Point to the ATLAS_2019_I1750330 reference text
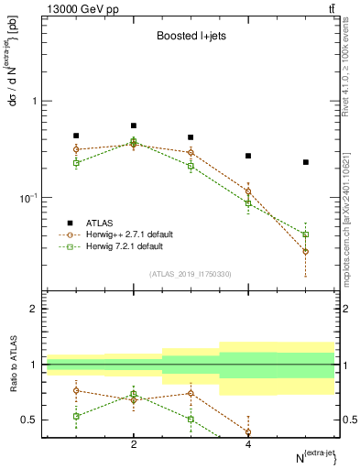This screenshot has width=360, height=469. (190, 273)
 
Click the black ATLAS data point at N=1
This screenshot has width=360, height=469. (76, 136)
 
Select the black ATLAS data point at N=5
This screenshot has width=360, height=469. (305, 162)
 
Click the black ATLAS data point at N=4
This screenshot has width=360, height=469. (248, 156)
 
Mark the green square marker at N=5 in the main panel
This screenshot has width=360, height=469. (305, 234)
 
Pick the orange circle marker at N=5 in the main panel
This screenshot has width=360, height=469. (305, 251)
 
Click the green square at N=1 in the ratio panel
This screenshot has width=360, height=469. (76, 416)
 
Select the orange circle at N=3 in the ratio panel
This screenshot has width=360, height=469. (191, 393)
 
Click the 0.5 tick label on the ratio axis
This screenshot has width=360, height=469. (30, 420)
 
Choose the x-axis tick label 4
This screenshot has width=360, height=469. (248, 444)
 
